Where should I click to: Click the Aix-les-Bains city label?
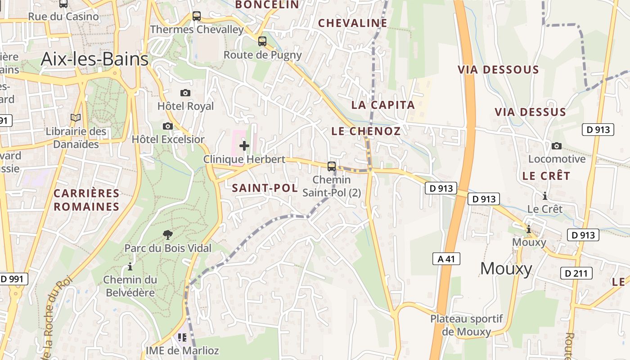click(x=94, y=59)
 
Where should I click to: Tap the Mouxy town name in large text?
click(x=506, y=269)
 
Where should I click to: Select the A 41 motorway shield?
click(x=446, y=259)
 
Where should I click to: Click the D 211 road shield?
click(x=576, y=273)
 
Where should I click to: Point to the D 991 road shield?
click(x=12, y=279)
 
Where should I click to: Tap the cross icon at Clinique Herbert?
click(x=244, y=146)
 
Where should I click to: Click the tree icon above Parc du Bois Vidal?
click(x=168, y=234)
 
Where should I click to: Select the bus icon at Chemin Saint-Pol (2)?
click(x=332, y=166)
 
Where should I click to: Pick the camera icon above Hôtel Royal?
click(x=185, y=93)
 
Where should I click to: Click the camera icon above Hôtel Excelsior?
click(x=168, y=126)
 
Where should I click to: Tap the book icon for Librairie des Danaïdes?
click(x=76, y=118)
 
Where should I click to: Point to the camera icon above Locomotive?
click(x=557, y=146)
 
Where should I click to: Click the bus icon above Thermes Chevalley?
click(x=197, y=16)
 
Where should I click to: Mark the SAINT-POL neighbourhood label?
click(x=265, y=188)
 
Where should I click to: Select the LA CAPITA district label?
click(x=383, y=105)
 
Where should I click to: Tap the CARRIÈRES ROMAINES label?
click(x=86, y=200)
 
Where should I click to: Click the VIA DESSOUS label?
click(x=498, y=70)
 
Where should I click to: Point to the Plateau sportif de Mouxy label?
click(x=467, y=325)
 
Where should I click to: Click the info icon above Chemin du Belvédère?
click(x=130, y=266)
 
